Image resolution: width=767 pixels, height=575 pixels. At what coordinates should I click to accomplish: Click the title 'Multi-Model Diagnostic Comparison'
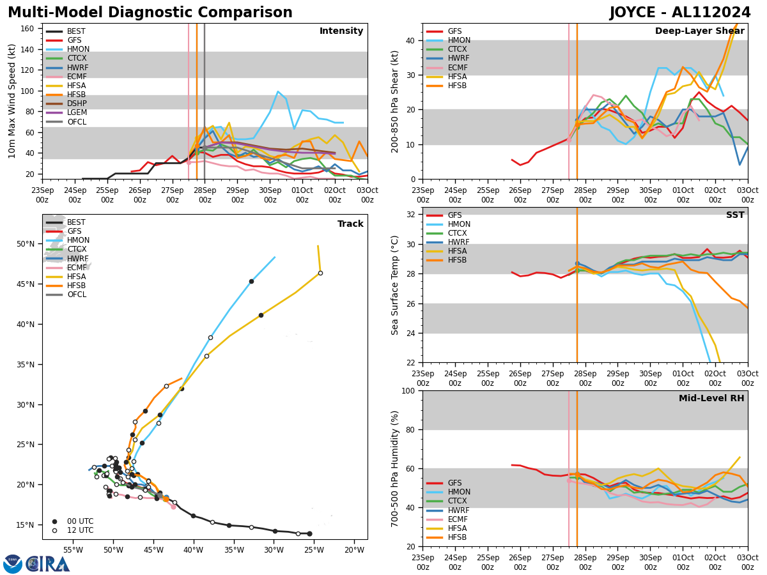[x=150, y=13]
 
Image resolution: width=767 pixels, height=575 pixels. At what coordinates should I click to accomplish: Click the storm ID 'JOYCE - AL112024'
[x=680, y=13]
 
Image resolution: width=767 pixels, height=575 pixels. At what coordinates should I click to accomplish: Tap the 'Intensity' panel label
[x=341, y=31]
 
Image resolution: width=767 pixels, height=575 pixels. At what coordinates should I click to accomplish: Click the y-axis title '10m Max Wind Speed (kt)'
[x=12, y=101]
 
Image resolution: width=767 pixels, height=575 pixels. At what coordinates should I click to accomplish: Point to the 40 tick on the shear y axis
[x=412, y=41]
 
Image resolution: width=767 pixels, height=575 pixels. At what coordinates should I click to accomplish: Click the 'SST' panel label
[x=735, y=215]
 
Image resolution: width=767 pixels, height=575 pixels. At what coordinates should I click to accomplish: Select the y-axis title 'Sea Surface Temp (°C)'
[x=396, y=285]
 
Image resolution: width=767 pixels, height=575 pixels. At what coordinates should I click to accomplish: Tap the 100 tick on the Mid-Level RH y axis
[x=409, y=390]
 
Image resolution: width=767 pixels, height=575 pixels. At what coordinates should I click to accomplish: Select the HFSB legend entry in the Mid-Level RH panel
[x=457, y=537]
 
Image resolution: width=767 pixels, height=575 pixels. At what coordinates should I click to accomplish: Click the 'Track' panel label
[x=350, y=224]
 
